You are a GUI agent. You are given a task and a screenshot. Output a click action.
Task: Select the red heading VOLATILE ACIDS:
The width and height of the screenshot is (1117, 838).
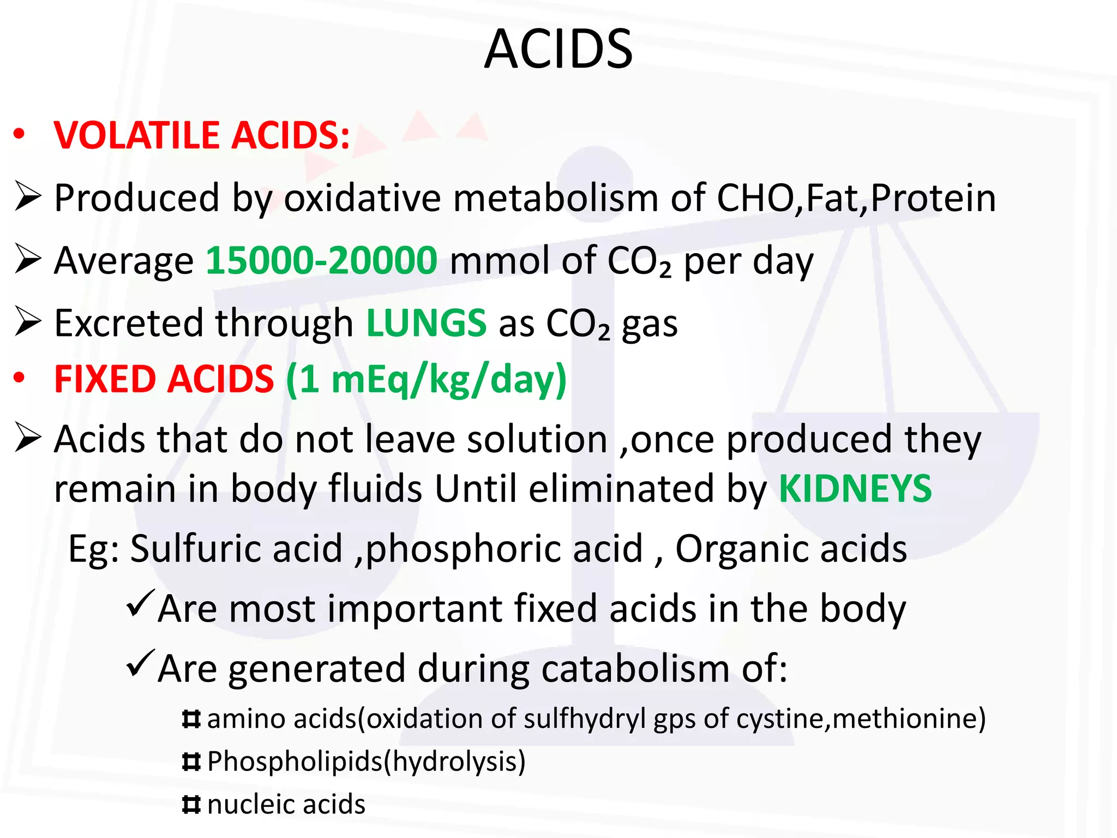click(202, 135)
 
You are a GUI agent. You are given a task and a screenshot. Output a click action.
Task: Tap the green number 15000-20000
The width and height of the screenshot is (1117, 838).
click(321, 260)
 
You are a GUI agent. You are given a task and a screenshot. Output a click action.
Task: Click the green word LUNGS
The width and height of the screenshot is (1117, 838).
click(426, 323)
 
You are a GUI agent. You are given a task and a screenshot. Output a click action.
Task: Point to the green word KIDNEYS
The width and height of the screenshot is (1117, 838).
click(855, 488)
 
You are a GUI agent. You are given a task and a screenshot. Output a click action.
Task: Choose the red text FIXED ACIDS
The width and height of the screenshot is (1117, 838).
click(164, 379)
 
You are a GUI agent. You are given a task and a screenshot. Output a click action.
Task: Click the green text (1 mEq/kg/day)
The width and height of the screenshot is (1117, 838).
click(427, 380)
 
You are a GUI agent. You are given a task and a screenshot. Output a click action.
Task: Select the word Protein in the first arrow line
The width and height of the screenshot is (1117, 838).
click(933, 197)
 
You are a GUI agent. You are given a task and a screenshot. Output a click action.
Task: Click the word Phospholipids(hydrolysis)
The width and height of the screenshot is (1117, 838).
click(367, 761)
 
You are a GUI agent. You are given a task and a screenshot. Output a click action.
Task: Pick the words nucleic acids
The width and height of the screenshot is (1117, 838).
click(286, 804)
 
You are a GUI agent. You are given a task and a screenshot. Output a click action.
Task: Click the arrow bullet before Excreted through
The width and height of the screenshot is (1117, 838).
click(28, 321)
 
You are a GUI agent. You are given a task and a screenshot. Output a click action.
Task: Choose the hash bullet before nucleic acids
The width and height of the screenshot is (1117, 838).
click(191, 804)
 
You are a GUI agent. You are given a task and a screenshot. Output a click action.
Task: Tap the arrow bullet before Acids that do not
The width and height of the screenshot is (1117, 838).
click(28, 438)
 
